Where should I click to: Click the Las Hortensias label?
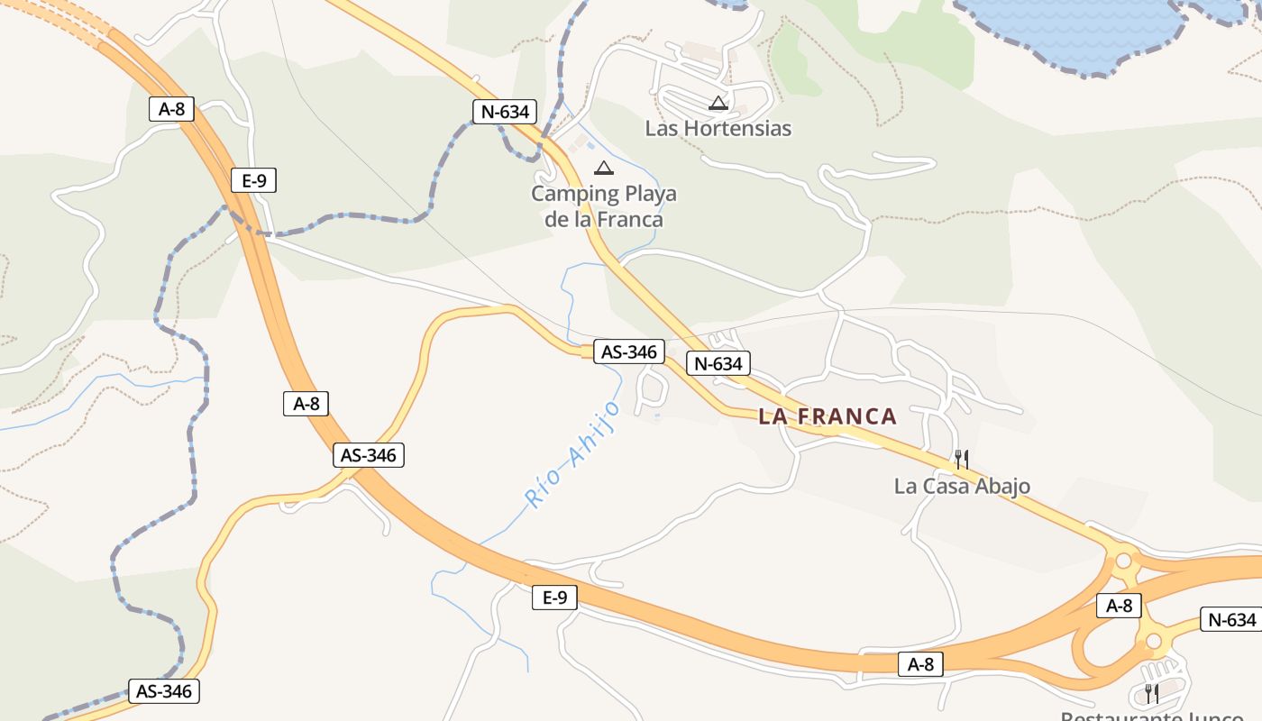pos(718,128)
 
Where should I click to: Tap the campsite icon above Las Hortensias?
pos(718,104)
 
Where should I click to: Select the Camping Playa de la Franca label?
pos(603,206)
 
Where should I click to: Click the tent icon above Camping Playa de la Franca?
pos(603,169)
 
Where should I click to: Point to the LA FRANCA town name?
pos(828,416)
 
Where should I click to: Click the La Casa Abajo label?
pos(962,487)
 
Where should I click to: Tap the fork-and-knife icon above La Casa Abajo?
pos(962,460)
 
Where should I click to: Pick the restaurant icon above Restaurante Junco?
pos(1151,693)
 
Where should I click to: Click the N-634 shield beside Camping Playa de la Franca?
pos(505,112)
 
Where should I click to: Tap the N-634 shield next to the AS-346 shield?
pos(718,363)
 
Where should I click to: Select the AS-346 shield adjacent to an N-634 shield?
pos(629,351)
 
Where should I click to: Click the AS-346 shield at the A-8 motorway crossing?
pos(369,455)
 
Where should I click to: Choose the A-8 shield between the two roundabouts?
pos(1119,606)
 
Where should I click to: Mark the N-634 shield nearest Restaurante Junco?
pos(1231,620)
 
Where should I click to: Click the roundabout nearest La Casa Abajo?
pos(1123,561)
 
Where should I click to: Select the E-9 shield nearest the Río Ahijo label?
pos(554,597)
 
